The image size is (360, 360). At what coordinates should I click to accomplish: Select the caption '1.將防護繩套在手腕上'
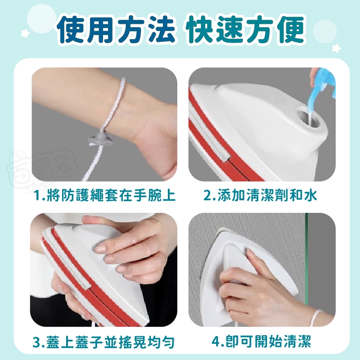click(x=104, y=195)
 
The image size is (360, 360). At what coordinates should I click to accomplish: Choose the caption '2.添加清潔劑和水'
click(x=260, y=195)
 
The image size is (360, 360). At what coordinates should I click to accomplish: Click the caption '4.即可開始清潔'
click(x=261, y=342)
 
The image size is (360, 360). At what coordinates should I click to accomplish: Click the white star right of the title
click(x=336, y=48)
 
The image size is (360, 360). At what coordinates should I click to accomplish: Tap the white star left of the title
click(x=25, y=33)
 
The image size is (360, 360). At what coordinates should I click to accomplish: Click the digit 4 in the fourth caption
click(x=216, y=342)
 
